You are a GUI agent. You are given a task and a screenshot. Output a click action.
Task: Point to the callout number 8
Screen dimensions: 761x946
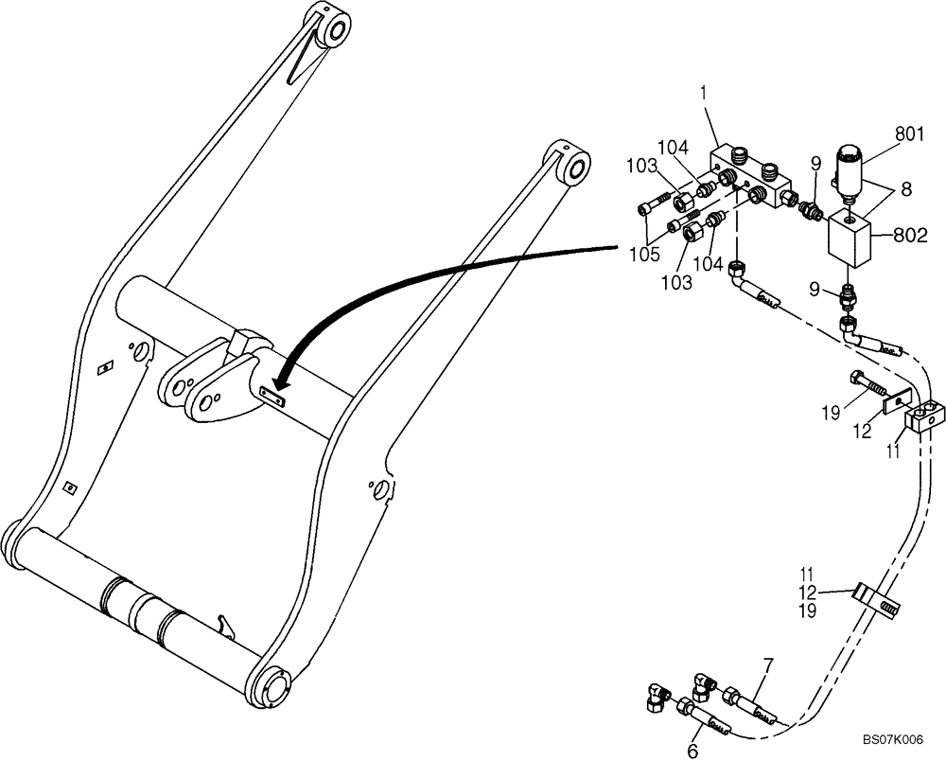[906, 189]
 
